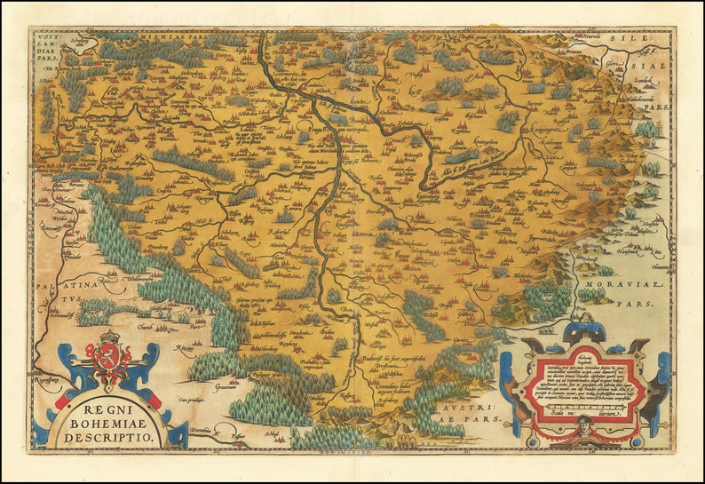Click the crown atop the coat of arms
(109, 337)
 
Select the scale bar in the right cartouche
(582, 411)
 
